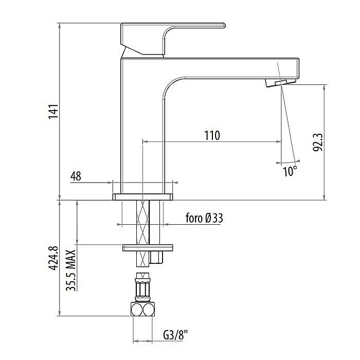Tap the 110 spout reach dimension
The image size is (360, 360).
pos(211,135)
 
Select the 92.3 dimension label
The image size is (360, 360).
pos(317,142)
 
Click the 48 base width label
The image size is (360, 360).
pos(76,176)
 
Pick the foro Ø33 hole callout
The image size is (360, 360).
pos(204,218)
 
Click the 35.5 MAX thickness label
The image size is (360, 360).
pos(70,271)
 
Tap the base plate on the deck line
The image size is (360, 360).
pos(142,196)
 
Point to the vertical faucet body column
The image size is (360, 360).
pos(141,129)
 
